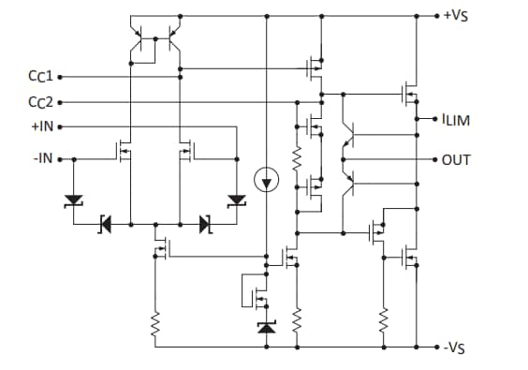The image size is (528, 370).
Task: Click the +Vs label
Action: pyautogui.click(x=458, y=17)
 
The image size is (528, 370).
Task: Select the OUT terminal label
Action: pyautogui.click(x=456, y=160)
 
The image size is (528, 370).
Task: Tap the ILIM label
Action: pyautogui.click(x=456, y=119)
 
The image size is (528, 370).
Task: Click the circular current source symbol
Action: pyautogui.click(x=267, y=179)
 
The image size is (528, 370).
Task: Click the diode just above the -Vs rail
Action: pyautogui.click(x=267, y=327)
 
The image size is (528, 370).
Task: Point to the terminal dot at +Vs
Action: pyautogui.click(x=436, y=17)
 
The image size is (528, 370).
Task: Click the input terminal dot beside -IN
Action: pyautogui.click(x=61, y=159)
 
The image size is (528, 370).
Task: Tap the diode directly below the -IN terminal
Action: pyautogui.click(x=73, y=200)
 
